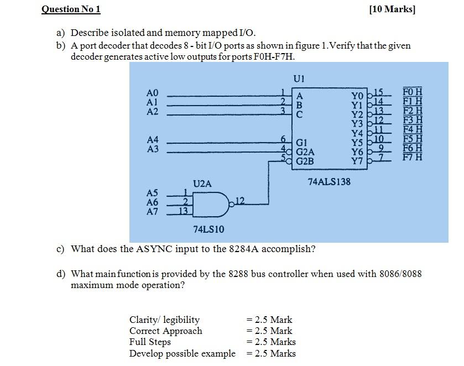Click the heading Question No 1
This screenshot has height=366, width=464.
[71, 9]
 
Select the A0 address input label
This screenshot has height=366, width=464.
[153, 92]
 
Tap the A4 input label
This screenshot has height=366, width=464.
[153, 139]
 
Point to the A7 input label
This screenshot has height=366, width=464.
[152, 211]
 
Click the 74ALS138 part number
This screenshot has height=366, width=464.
[329, 181]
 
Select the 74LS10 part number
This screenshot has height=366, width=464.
[208, 229]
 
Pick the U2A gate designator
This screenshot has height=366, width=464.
[202, 184]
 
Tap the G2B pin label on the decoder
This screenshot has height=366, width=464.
[305, 161]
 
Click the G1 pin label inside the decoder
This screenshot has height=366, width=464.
[303, 142]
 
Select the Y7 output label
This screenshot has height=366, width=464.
[357, 161]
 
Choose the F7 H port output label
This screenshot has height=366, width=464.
[413, 157]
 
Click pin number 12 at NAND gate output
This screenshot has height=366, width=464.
[239, 200]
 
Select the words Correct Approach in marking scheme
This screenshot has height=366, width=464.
[165, 331]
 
